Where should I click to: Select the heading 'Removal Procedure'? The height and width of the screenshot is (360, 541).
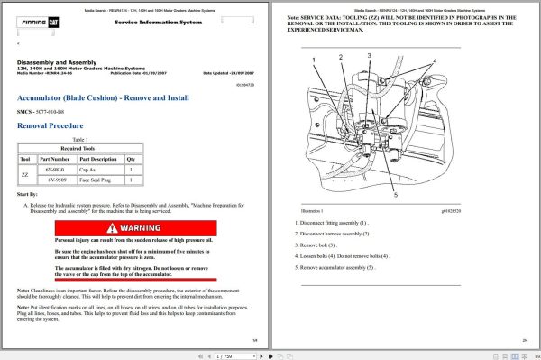coord(50,126)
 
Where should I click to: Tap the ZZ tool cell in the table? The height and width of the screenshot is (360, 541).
coord(24,174)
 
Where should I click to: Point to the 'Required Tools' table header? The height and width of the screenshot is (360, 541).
coord(79,149)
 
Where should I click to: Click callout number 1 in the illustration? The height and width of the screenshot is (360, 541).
coord(315,60)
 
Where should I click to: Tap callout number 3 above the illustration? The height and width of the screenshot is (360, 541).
coord(369,55)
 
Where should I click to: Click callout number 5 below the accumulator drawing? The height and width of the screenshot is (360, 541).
coord(395,194)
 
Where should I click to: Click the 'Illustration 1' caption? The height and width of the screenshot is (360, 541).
coord(309,209)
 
